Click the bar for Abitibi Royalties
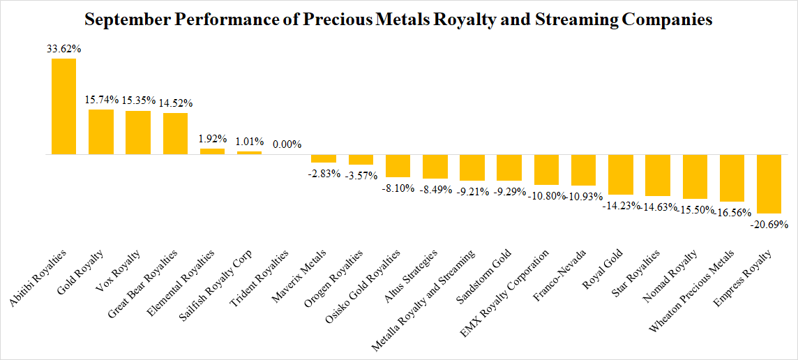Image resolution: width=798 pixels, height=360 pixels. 63,106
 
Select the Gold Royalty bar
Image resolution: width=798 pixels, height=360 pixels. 100,132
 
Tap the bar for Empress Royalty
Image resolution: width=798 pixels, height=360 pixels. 768,183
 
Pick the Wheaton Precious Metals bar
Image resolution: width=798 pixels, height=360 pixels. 731,178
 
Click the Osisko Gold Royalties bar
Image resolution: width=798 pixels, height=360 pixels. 398,166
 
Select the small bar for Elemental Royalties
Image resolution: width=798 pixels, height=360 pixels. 212,151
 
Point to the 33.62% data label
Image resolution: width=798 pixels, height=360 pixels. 63,49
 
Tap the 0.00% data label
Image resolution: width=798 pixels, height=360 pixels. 287,144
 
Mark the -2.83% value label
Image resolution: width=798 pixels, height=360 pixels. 324,173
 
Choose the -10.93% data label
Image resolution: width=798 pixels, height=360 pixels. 583,196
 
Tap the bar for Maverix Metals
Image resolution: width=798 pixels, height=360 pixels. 324,158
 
